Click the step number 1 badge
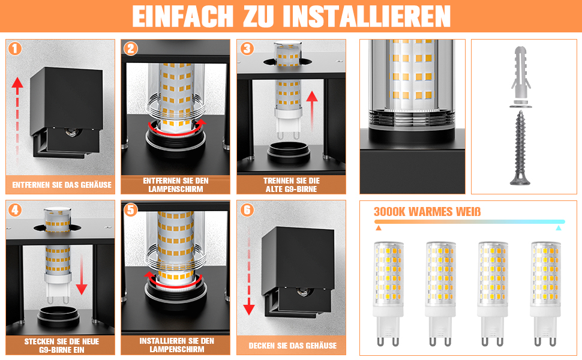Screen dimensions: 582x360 (x=15, y=49)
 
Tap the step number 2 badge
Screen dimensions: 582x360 (x=131, y=49)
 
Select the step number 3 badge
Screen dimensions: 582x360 (x=247, y=49)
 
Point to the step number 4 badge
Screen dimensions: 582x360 (x=15, y=210)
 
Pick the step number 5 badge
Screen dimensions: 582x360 (x=131, y=210)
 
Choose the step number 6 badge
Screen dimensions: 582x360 (x=247, y=210)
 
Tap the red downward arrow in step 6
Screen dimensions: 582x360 (x=248, y=272)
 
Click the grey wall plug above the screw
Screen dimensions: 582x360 (x=521, y=73)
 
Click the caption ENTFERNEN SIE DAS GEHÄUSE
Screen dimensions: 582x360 (x=62, y=185)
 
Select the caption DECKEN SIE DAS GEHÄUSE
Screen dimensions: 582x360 (x=292, y=346)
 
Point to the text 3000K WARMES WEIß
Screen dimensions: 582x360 (x=427, y=212)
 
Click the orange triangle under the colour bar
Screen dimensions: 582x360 (x=378, y=228)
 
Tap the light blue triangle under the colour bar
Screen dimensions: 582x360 (x=558, y=228)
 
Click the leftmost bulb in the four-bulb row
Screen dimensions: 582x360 (x=388, y=293)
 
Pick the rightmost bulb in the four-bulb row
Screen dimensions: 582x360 (x=545, y=293)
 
